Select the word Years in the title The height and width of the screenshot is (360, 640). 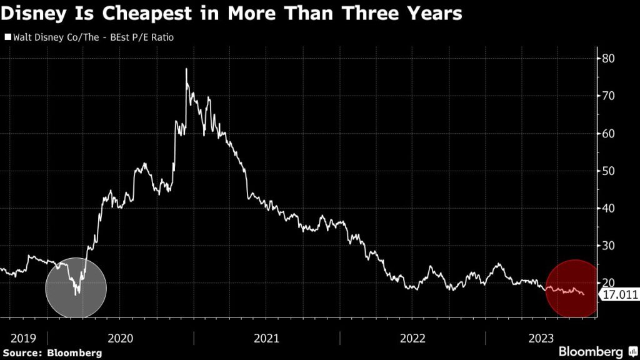coord(431,14)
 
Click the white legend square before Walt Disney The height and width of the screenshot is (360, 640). coord(7,38)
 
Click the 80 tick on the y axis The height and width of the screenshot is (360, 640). coord(609,58)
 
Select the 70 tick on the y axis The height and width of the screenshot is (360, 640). coord(609,96)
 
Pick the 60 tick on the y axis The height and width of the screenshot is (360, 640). coord(609,133)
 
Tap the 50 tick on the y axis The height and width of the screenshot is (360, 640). coord(609,171)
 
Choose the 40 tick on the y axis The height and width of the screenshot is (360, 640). coord(609,208)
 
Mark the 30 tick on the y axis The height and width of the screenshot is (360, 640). coord(609,246)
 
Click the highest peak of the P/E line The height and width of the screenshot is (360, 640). coord(186,69)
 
